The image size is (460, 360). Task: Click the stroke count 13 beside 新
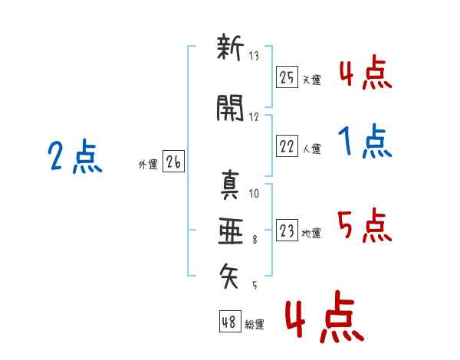click(254, 56)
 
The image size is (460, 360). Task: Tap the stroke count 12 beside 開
click(254, 116)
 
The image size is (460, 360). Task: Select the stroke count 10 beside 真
click(254, 193)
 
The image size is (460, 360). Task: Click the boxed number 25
click(287, 77)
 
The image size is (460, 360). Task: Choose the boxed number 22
click(287, 147)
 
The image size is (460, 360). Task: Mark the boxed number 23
click(287, 231)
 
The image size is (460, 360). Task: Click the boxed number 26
click(173, 162)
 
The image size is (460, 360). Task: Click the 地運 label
click(311, 233)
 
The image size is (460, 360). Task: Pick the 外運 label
click(147, 164)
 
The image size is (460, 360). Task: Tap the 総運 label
click(255, 323)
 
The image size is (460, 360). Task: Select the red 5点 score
click(365, 225)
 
